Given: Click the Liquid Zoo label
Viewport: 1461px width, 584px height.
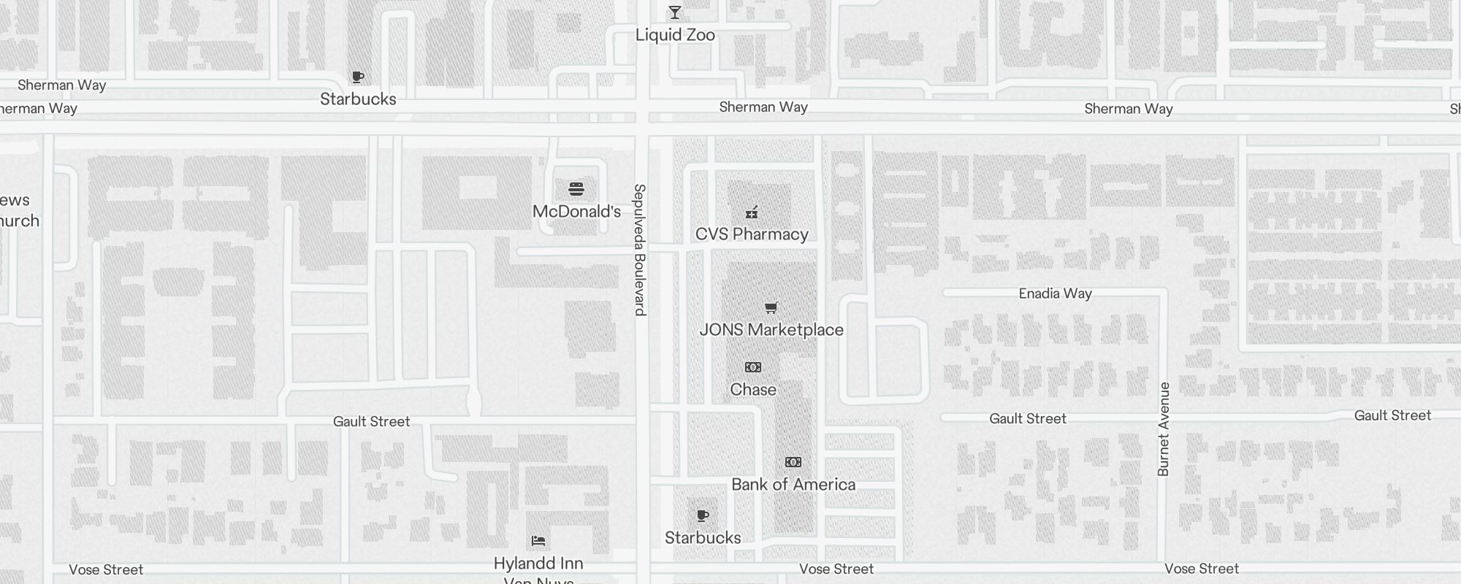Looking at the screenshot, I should pos(675,35).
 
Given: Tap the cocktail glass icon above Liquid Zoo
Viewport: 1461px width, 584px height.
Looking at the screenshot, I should pos(675,12).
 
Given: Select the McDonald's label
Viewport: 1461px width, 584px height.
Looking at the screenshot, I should pos(576,212).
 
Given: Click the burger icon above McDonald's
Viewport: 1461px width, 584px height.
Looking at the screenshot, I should pos(576,190).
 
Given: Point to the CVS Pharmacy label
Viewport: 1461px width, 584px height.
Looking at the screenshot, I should pos(752,234).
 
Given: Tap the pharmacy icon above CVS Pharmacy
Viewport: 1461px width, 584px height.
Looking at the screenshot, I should pos(752,212).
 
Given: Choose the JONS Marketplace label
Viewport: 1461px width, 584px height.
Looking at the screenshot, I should pos(771,330).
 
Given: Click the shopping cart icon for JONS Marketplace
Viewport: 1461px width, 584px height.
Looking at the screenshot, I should pos(771,307).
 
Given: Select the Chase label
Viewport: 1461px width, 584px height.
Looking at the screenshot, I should pos(753,390).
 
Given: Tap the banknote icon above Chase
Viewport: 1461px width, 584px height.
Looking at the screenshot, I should pos(753,367).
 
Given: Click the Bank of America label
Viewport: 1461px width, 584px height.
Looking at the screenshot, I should pos(793,485).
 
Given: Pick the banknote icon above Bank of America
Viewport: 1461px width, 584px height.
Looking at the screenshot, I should pos(793,462).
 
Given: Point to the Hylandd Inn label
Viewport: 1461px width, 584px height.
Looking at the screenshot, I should pos(538,564).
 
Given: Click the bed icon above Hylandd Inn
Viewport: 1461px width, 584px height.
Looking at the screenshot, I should pos(538,541).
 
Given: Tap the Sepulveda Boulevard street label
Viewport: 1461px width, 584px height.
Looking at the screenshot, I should pos(640,250).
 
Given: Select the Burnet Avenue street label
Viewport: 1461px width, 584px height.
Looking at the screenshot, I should pos(1164,429).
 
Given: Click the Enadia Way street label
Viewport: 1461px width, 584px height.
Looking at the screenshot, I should pos(1055,293).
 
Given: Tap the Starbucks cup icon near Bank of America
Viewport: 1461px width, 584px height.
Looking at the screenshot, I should pos(703,516).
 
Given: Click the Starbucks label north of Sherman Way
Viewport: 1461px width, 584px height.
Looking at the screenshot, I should pos(358,99).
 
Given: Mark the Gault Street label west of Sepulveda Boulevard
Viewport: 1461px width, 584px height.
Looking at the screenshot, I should pos(371,421).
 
